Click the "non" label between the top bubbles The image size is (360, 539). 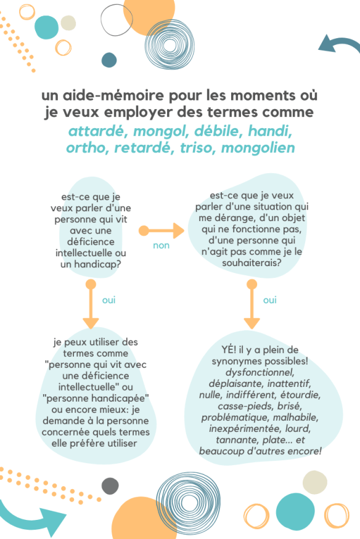click(x=161, y=245)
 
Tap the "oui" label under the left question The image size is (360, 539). click(x=109, y=300)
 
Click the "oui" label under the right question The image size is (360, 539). click(x=270, y=300)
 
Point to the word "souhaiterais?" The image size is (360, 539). click(x=250, y=262)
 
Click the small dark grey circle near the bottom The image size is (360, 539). click(x=110, y=485)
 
